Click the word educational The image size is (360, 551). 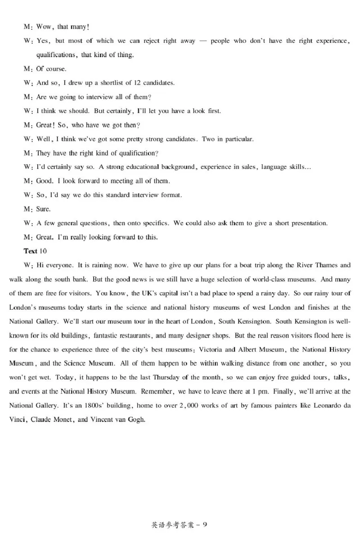tap(139, 167)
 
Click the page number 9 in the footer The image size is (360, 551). tap(205, 524)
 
